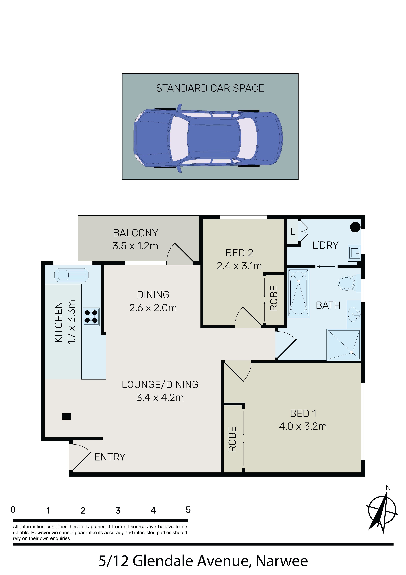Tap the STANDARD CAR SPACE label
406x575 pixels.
click(x=210, y=88)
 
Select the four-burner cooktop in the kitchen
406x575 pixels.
click(x=91, y=317)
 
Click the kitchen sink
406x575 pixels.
click(x=71, y=275)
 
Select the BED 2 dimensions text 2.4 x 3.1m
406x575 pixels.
click(x=239, y=266)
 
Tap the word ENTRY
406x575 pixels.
click(x=110, y=457)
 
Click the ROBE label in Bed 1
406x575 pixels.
click(x=233, y=439)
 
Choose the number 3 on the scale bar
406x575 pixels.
click(x=118, y=510)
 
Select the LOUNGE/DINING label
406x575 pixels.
click(x=160, y=384)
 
